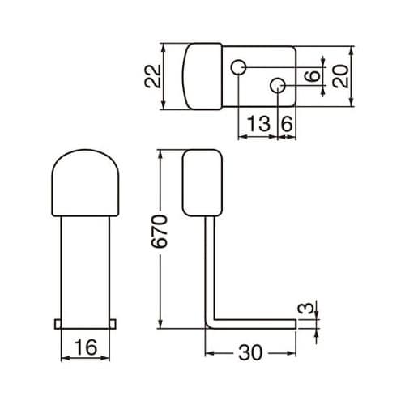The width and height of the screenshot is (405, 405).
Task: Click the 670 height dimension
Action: [163, 232]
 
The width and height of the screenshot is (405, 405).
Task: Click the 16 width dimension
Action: [86, 348]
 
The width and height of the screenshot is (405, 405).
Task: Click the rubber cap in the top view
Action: [203, 75]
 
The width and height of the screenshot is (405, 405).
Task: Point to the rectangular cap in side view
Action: [202, 182]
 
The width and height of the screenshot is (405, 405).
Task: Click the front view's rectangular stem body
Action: [86, 267]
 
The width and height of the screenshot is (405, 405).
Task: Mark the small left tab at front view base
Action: [58, 323]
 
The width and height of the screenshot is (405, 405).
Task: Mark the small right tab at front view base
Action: [114, 323]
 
